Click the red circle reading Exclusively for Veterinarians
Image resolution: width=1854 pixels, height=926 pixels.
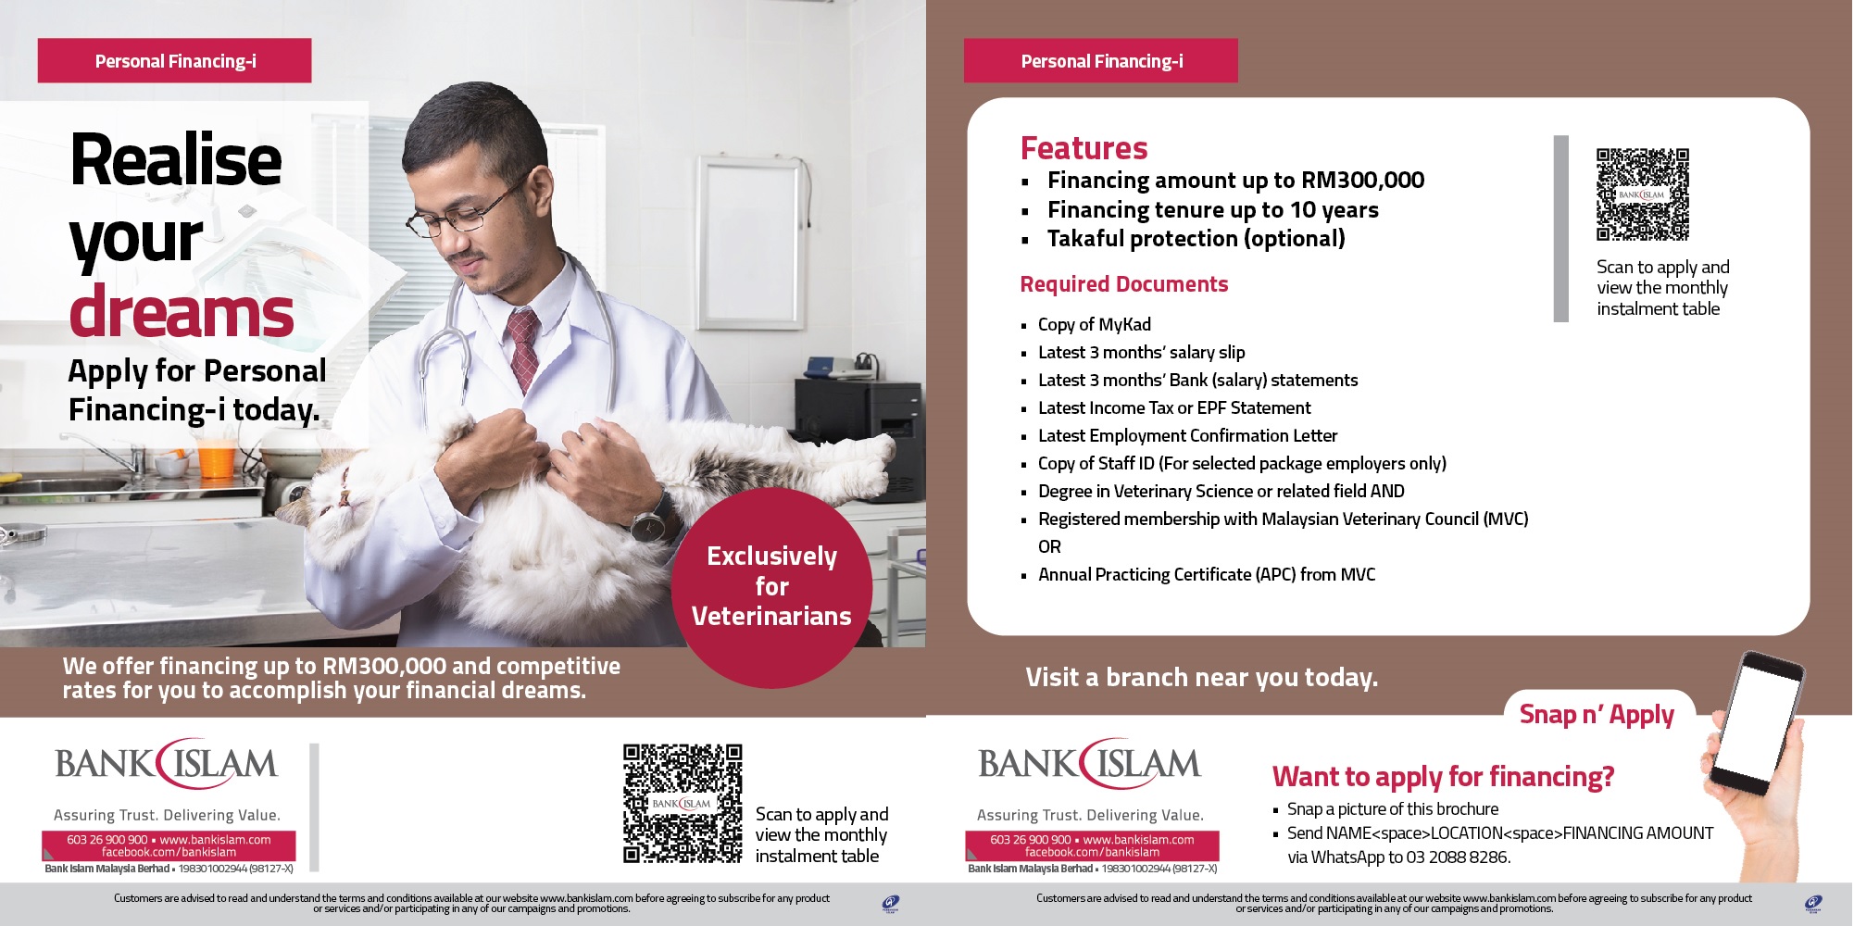point(771,587)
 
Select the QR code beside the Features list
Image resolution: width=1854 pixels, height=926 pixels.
point(1642,194)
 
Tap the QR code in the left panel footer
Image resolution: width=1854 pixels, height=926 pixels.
point(682,804)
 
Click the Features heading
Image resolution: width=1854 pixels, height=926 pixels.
point(1084,148)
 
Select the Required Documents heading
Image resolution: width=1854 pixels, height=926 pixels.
point(1123,284)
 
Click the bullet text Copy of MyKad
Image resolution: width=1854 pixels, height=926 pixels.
point(1094,324)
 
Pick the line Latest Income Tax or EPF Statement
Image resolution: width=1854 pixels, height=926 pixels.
point(1173,407)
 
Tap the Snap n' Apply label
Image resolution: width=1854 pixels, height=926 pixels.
point(1597,715)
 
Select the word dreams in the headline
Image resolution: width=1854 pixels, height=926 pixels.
point(182,311)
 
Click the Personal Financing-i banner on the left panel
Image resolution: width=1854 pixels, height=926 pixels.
point(174,61)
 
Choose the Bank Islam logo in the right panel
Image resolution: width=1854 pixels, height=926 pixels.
point(1089,763)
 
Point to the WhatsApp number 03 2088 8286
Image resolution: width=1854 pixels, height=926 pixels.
point(1458,857)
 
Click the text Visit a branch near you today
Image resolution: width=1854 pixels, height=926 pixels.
point(1201,678)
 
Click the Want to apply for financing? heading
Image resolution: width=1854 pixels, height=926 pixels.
point(1443,777)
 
